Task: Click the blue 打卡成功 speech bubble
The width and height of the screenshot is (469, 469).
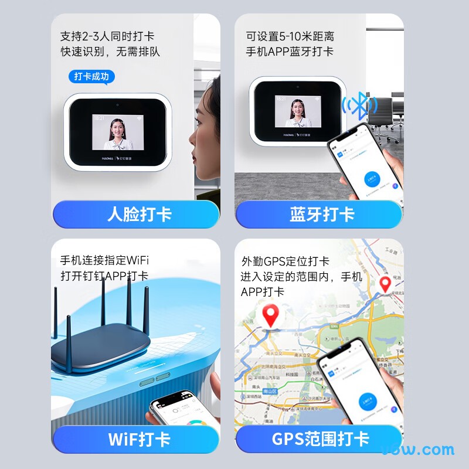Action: coord(91,76)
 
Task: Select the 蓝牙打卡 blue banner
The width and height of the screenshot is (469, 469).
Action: coord(321,214)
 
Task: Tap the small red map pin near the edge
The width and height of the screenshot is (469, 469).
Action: coord(385,284)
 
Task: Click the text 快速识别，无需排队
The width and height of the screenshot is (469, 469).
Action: coord(110,52)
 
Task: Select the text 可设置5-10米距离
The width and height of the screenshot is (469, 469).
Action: coord(290,36)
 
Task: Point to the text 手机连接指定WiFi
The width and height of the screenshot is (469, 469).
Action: coord(104,260)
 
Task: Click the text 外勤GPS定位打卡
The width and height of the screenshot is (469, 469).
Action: coord(285,261)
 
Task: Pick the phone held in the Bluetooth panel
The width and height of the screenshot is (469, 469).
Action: coord(363,167)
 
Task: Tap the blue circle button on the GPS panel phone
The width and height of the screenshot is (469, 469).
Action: coord(371,405)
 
